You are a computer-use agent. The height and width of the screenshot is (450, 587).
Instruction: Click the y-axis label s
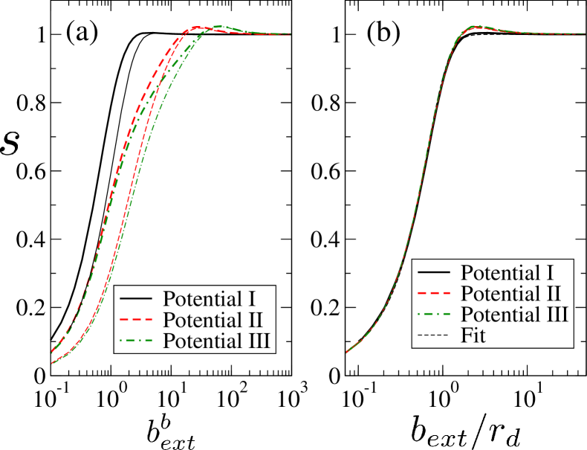point(10,144)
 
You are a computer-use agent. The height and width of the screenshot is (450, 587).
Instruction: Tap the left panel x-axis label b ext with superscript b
point(171,431)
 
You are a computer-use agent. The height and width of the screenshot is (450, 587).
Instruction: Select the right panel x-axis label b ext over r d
point(465,431)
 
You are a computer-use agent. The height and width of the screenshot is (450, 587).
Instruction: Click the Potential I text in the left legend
point(210,300)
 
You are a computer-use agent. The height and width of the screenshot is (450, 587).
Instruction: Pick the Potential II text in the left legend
point(213,321)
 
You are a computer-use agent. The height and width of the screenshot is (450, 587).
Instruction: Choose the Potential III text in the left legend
point(217,341)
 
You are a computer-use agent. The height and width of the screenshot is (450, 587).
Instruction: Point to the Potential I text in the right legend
point(507,272)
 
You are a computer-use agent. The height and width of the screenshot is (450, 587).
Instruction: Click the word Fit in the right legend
point(473,335)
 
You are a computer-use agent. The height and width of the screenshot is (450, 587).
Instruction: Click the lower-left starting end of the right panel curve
point(348,351)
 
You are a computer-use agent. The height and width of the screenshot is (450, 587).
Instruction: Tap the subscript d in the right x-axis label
point(513,440)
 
